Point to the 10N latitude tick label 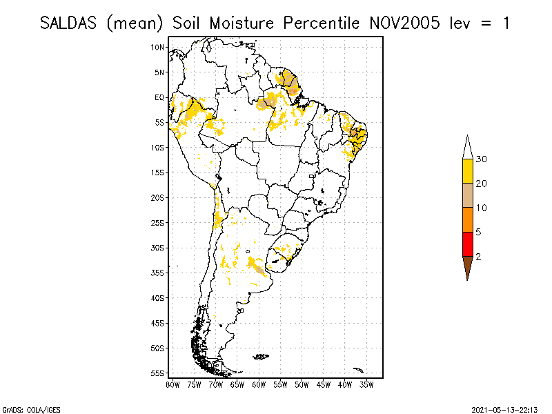158,47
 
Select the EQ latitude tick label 159,97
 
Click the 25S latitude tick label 158,222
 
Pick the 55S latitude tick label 158,373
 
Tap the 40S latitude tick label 158,297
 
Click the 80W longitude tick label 172,384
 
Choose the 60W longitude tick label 259,384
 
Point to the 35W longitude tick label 366,384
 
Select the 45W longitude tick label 323,384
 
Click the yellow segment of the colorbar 467,171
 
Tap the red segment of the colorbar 467,244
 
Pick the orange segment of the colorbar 467,219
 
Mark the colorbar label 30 482,159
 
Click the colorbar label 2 478,256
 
